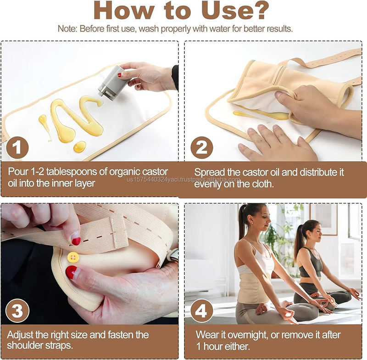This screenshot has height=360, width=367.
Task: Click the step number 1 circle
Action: tap(17, 148)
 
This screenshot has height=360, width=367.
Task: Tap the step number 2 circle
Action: tap(201, 148)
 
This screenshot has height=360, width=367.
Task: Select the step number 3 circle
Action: tap(17, 310)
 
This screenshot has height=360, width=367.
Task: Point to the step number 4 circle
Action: tap(201, 310)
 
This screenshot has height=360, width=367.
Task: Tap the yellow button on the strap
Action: tap(72, 257)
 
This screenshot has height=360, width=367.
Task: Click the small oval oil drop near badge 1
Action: tap(79, 146)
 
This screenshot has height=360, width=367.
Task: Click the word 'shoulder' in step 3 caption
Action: tap(26, 345)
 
